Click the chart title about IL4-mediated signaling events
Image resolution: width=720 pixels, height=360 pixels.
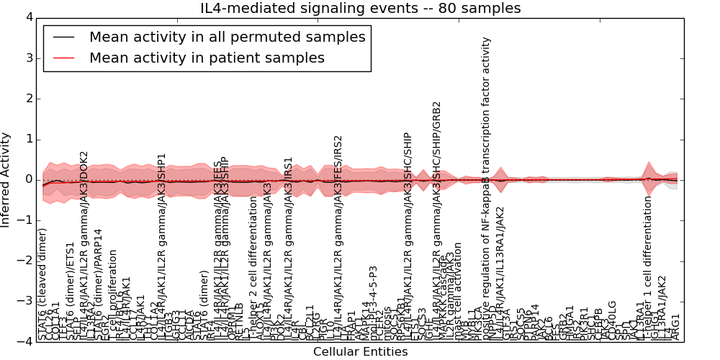coord(360,9)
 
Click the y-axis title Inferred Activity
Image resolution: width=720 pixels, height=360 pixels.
coord(6,179)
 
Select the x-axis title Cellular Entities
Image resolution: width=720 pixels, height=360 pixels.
coord(360,352)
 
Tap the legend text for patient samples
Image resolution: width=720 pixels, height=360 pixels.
coord(207,58)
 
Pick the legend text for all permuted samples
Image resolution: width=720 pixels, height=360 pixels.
coord(227,37)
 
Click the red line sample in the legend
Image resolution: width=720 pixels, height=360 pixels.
coord(63,58)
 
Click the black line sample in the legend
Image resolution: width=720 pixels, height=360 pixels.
coord(63,37)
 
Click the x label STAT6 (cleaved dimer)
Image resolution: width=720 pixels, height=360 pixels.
coord(42,284)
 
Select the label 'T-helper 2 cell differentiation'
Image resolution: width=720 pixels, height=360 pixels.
coord(253,278)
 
